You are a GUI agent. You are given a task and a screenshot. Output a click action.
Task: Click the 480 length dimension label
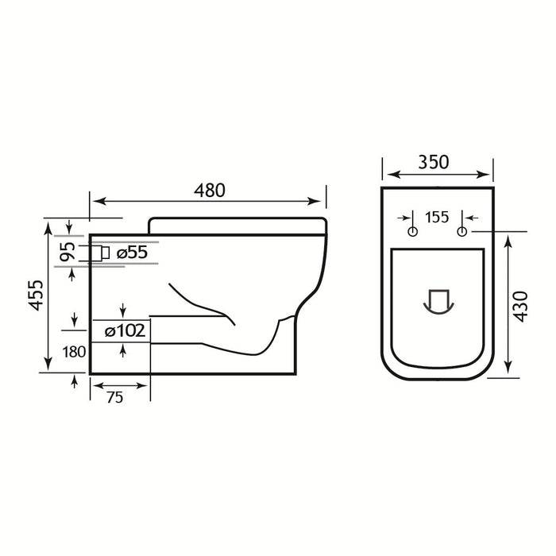click(x=208, y=191)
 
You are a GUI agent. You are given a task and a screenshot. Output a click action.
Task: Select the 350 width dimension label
click(x=434, y=162)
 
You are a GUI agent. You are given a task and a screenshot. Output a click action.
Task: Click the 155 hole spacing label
click(x=437, y=217)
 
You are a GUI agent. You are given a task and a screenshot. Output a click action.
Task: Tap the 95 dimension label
click(x=69, y=252)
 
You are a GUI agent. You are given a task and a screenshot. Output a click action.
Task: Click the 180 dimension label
click(x=75, y=350)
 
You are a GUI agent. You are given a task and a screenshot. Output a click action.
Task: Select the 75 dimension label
click(x=114, y=399)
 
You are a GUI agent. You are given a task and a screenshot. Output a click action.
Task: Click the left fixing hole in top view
click(x=411, y=231)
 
